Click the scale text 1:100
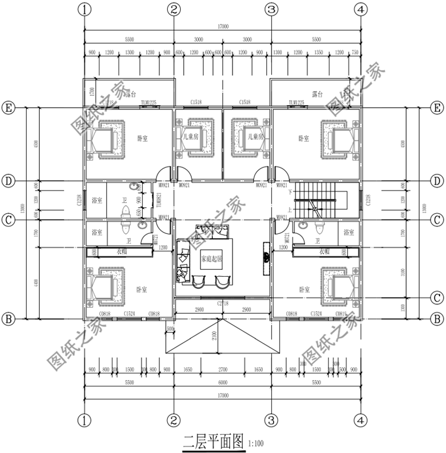pos(256,443)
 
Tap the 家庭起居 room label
pos(211,259)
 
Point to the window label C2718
pos(223,304)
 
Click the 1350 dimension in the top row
pos(318,52)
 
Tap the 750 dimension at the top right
pos(355,52)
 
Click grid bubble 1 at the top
pos(85,9)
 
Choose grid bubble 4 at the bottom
pos(360,420)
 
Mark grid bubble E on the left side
pos(9,108)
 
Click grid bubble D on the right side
pos(437,180)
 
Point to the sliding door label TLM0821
pos(158,200)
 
